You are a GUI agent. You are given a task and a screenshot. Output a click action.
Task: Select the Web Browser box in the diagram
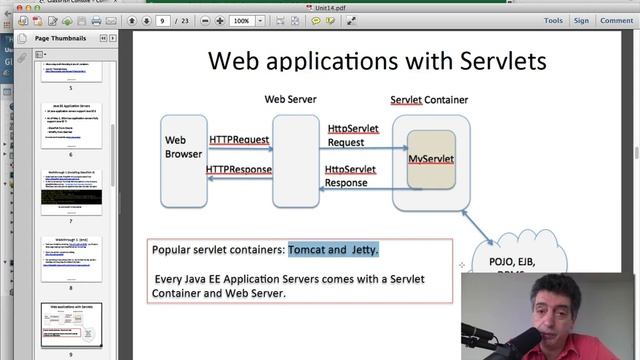pos(184,147)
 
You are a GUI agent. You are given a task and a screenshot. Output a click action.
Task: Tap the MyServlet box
pos(431,159)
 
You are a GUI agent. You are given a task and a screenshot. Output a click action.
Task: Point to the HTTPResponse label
pos(239,169)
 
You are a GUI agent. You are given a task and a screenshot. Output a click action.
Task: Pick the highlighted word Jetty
pos(363,249)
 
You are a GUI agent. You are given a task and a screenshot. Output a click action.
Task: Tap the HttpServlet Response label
pos(351,176)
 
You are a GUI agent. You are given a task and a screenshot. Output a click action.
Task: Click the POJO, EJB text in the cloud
pos(516,262)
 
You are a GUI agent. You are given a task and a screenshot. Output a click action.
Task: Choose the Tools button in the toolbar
pos(552,20)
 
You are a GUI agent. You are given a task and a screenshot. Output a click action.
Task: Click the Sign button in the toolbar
pos(581,20)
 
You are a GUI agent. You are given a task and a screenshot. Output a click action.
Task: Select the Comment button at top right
pos(616,20)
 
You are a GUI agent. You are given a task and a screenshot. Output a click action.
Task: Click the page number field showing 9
pos(163,20)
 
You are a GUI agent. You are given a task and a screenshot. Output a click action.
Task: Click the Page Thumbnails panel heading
pos(60,38)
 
